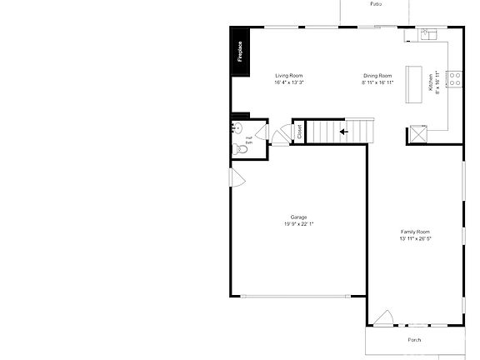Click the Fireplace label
click(241, 52)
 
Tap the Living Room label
click(289, 76)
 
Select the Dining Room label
click(377, 76)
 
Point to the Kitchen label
click(431, 83)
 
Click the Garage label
click(298, 217)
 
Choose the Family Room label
click(415, 231)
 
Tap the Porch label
click(414, 340)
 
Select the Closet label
click(299, 132)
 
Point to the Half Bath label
click(248, 140)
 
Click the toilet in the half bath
click(241, 148)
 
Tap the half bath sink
click(237, 128)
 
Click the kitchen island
click(414, 83)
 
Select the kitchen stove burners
click(455, 81)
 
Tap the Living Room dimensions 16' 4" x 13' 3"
click(289, 82)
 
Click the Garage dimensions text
click(298, 223)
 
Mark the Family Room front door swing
click(383, 317)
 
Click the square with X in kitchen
click(416, 134)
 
